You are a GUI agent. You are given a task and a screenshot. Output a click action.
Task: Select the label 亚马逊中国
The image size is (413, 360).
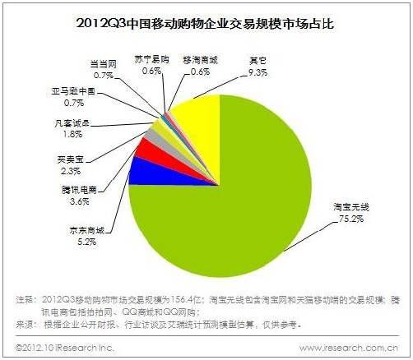point(75,94)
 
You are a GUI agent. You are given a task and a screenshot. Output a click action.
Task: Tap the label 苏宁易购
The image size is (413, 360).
point(150,60)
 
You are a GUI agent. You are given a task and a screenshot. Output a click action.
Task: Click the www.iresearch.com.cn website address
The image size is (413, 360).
point(348,348)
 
